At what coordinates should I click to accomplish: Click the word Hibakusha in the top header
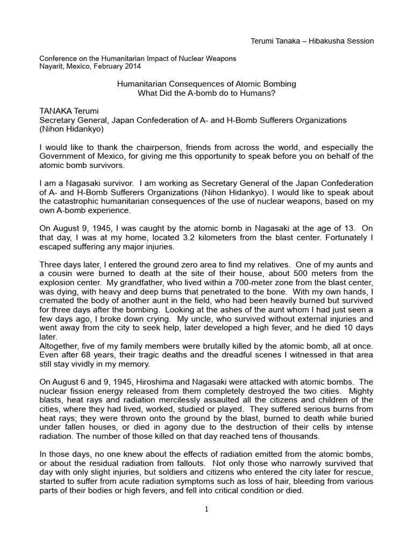[324, 41]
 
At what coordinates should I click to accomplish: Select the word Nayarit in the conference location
[53, 66]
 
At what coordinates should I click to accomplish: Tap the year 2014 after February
[131, 66]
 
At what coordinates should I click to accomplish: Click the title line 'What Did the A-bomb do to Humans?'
[206, 93]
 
